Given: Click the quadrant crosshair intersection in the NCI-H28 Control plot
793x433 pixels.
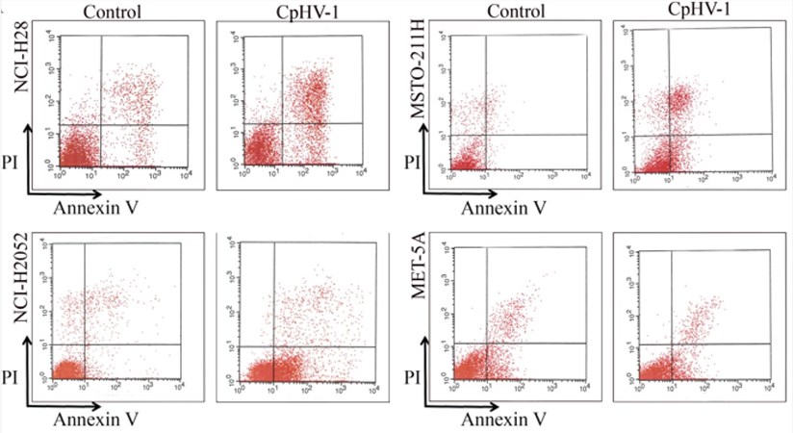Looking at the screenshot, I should tap(101, 125).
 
